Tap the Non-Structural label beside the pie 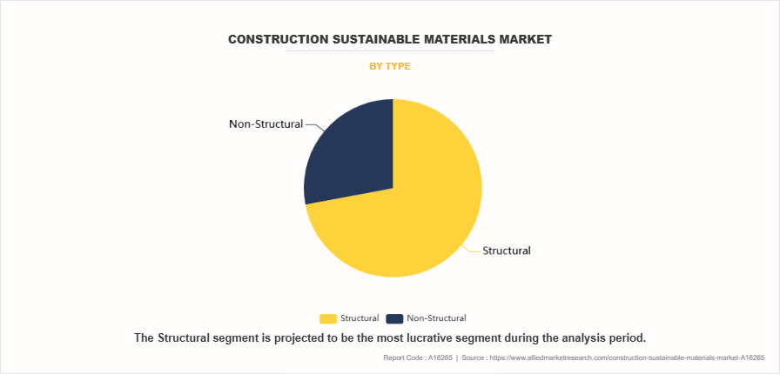(x=266, y=124)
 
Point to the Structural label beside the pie (x=507, y=250)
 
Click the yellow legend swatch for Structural (x=328, y=318)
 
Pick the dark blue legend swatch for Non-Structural (x=394, y=318)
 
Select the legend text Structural (x=360, y=318)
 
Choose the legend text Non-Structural (x=436, y=318)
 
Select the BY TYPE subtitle (x=390, y=66)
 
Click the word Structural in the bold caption (x=189, y=337)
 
